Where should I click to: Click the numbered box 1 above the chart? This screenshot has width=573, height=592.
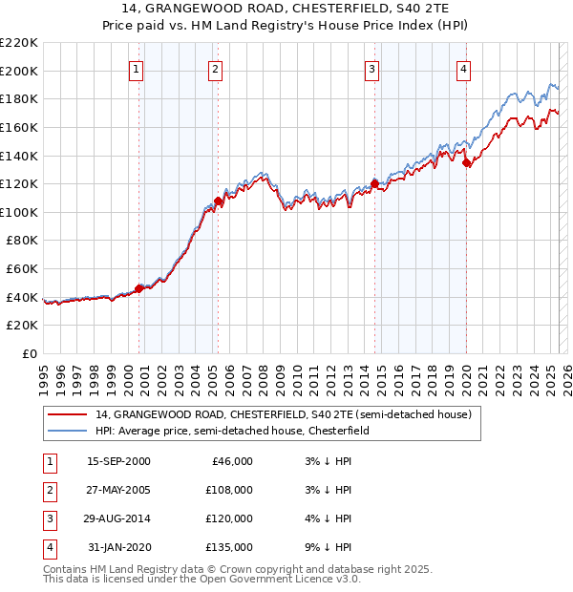click(x=137, y=69)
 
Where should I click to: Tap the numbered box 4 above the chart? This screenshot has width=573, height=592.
click(x=463, y=69)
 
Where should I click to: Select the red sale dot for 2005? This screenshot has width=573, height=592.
click(x=219, y=201)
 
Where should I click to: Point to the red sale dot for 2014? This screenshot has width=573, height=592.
click(x=374, y=183)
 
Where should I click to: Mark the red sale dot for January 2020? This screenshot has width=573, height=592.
click(x=466, y=162)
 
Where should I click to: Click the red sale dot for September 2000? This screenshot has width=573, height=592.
click(x=139, y=287)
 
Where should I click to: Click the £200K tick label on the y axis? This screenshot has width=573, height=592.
click(x=19, y=71)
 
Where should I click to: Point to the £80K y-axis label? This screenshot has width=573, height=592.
click(x=22, y=241)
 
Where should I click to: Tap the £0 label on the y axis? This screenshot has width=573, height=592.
click(x=30, y=354)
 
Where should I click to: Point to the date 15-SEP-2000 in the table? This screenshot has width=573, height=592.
click(x=118, y=461)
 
